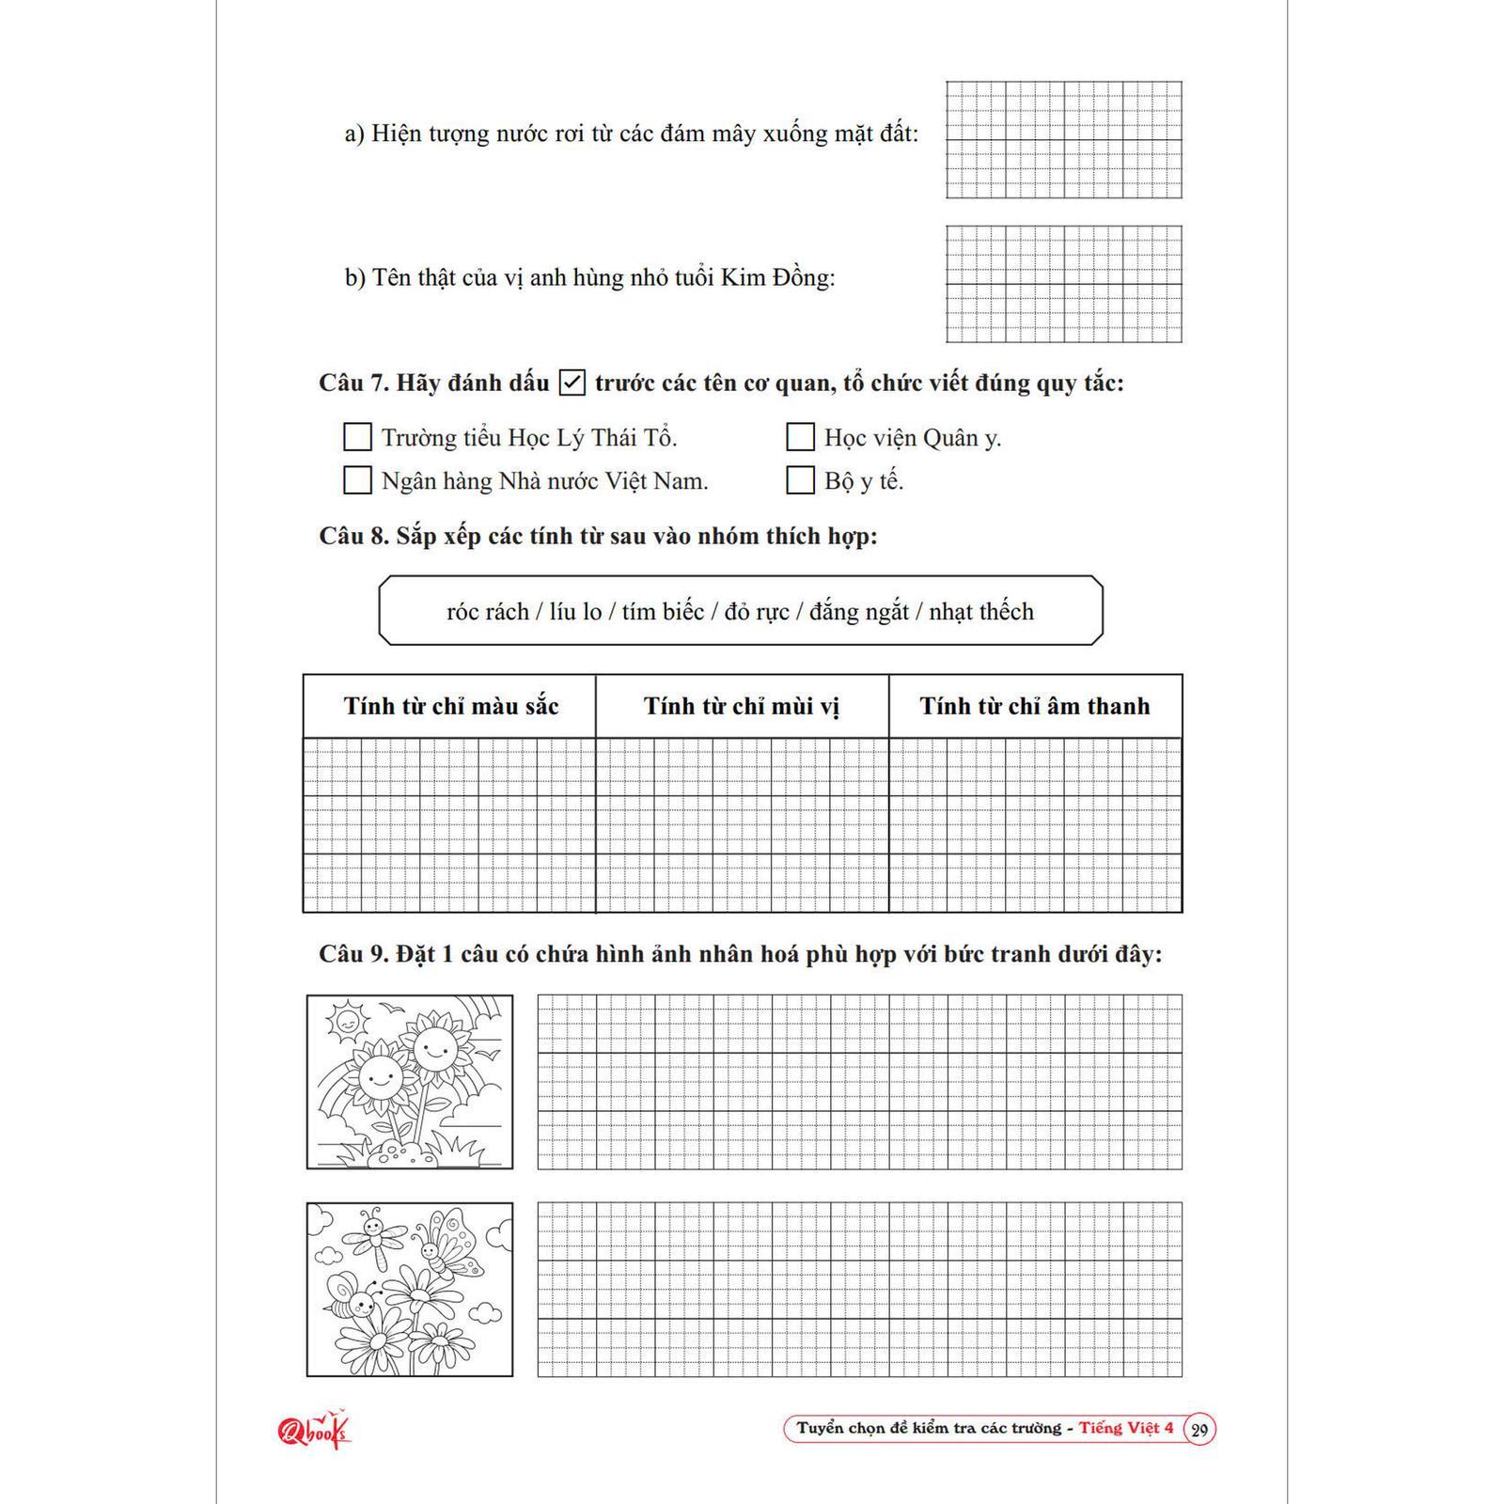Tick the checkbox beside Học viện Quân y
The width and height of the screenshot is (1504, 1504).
[800, 437]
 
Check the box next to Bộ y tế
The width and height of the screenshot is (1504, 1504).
[800, 480]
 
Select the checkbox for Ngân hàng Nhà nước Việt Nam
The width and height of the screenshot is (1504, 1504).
[357, 480]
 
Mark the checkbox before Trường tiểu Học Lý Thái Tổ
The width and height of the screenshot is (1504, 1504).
[357, 437]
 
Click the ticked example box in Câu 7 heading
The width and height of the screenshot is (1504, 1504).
[572, 384]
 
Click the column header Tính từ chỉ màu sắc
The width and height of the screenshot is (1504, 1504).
[450, 706]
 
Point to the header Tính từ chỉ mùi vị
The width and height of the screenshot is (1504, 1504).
[742, 706]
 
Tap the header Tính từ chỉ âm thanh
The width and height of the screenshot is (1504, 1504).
[1035, 706]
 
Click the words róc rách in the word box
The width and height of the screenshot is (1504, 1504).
[487, 612]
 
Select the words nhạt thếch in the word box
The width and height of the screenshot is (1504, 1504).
[981, 612]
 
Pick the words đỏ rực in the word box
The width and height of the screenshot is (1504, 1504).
[757, 612]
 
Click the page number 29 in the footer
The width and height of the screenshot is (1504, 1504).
[1199, 1431]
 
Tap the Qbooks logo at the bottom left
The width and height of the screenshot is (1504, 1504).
[313, 1431]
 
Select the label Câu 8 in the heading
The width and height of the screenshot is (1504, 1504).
[353, 537]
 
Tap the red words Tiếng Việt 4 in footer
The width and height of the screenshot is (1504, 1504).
[1126, 1428]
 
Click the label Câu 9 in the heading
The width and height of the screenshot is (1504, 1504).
[353, 954]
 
